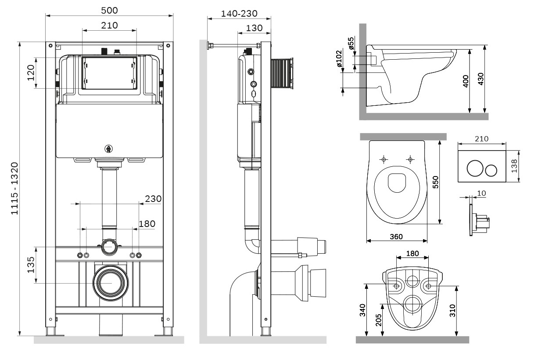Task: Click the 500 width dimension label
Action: tap(109, 10)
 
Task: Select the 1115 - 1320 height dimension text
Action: tap(14, 188)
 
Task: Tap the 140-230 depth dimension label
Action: tap(239, 14)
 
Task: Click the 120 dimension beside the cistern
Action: tap(31, 73)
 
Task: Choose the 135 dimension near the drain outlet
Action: tap(31, 265)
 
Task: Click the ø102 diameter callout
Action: tap(338, 59)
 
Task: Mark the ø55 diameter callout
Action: tap(351, 44)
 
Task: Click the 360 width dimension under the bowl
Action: tap(396, 237)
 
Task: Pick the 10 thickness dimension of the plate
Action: tap(481, 193)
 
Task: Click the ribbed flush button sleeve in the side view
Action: tap(281, 73)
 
